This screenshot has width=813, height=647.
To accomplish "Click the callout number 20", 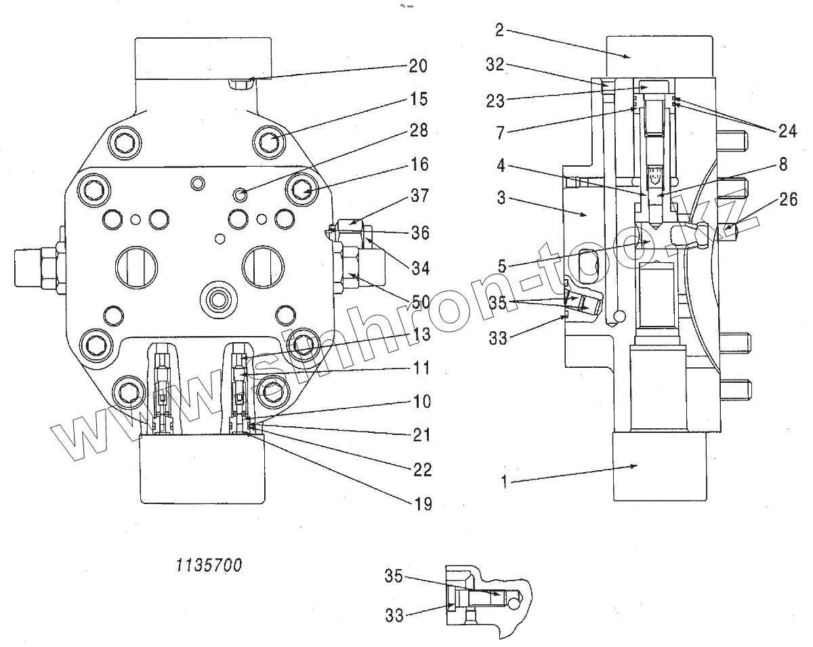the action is (x=418, y=66).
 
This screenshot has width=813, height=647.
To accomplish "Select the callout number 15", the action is (x=419, y=99).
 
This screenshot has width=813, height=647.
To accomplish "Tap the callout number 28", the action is (x=419, y=130).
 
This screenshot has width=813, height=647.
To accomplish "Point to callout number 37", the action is (x=420, y=196).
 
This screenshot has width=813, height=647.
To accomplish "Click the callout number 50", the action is (x=421, y=302).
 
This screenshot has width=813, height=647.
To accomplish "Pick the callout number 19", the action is (x=423, y=504).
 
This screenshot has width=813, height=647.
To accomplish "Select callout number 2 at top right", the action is (x=499, y=30).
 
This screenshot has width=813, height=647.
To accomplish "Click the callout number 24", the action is (x=788, y=131).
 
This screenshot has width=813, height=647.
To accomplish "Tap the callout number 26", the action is (x=789, y=199).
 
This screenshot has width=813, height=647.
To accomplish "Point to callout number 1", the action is (x=503, y=482).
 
